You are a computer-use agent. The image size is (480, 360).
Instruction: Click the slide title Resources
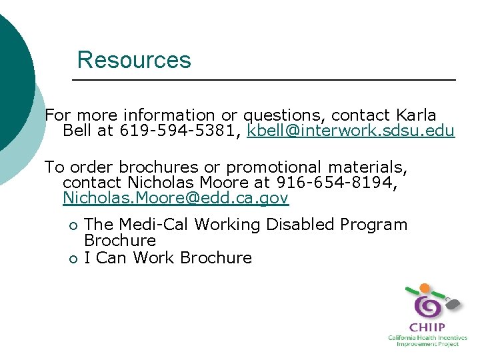click(x=134, y=60)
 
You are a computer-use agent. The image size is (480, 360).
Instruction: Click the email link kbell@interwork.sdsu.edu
click(x=351, y=131)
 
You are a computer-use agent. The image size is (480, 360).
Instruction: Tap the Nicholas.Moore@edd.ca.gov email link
click(x=175, y=198)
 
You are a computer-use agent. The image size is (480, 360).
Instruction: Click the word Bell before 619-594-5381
click(x=77, y=131)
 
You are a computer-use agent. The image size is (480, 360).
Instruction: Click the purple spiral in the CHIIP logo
click(x=427, y=307)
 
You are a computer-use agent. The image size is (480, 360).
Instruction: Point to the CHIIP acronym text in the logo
click(x=427, y=328)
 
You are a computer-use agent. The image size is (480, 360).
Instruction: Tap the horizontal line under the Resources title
click(x=263, y=80)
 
